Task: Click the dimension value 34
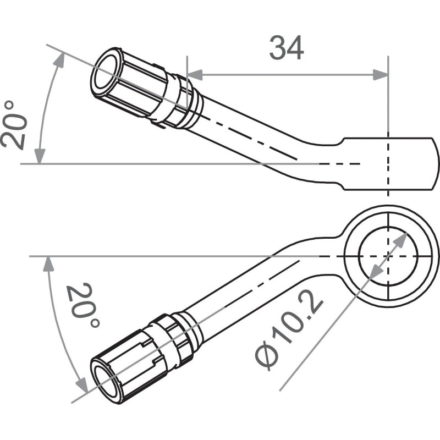[x=286, y=48]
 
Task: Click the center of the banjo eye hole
[x=388, y=256]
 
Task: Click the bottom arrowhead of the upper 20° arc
[x=39, y=157]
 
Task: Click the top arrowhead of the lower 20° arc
[x=49, y=264]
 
